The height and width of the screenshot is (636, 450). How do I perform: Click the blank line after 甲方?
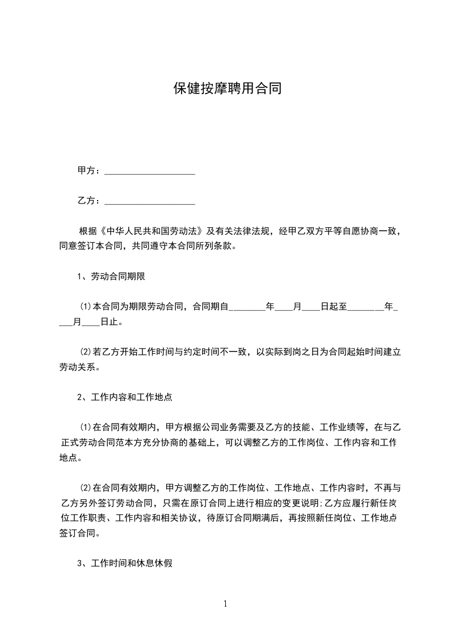point(150,171)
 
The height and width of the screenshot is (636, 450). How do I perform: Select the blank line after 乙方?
point(150,201)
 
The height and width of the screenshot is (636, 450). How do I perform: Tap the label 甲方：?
point(90,171)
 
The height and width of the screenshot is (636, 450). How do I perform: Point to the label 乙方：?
point(90,201)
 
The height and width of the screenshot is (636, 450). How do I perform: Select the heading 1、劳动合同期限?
point(113,277)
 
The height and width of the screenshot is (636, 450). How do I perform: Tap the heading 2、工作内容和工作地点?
point(125,397)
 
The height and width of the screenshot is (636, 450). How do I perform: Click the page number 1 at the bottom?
point(225,604)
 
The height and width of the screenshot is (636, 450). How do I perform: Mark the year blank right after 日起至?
point(365,307)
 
